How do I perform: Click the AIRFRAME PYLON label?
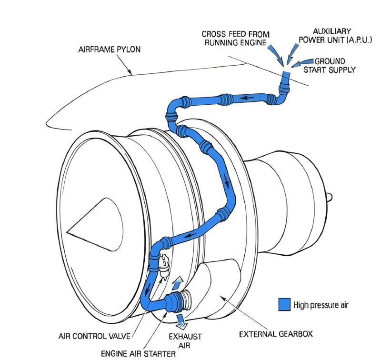tap(110, 50)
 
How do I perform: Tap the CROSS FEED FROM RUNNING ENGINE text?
tap(235, 38)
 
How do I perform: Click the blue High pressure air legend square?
tap(284, 304)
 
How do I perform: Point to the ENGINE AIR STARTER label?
tap(138, 353)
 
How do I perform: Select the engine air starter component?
tap(177, 300)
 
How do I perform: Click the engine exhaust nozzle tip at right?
tap(329, 195)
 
